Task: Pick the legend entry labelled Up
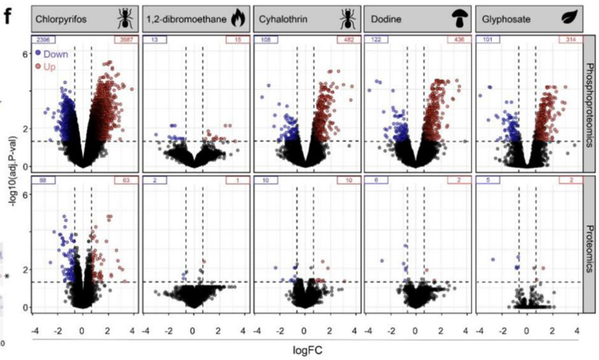tap(48, 66)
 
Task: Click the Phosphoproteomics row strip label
tap(590, 104)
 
